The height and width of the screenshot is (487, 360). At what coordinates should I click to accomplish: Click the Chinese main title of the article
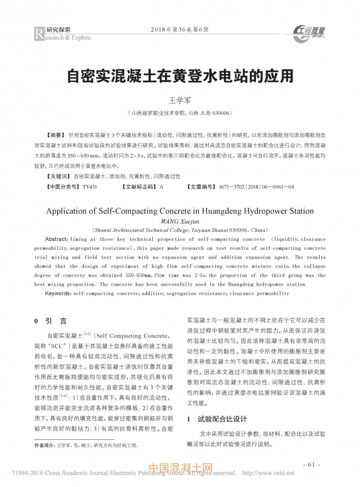180,75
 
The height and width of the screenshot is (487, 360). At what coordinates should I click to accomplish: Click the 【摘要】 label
56,135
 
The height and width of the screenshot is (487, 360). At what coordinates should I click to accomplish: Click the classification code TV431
90,186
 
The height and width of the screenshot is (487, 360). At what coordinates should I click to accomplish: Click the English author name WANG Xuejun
180,220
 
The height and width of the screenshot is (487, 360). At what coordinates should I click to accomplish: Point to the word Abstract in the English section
57,238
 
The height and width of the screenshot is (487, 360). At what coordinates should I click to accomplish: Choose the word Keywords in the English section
58,293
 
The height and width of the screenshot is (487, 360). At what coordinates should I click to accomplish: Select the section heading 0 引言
50,321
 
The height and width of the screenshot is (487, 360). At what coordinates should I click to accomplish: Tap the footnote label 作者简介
45,445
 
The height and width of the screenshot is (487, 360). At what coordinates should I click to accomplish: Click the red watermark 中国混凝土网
180,469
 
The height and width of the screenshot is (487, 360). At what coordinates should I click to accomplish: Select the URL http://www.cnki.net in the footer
268,473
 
